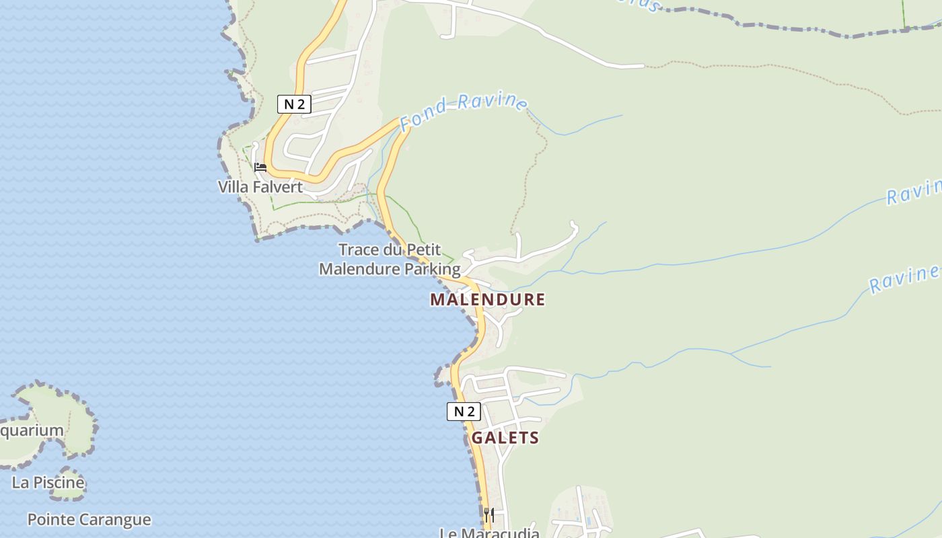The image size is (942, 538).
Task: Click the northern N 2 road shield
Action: pyautogui.click(x=294, y=104)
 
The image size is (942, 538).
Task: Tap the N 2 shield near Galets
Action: pyautogui.click(x=464, y=412)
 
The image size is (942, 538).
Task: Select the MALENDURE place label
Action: pyautogui.click(x=487, y=299)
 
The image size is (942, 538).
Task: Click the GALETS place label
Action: pyautogui.click(x=505, y=438)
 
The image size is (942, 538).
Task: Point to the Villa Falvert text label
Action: pyautogui.click(x=260, y=187)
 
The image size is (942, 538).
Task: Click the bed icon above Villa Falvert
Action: pyautogui.click(x=260, y=167)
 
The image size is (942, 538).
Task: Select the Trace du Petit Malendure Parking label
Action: pyautogui.click(x=390, y=260)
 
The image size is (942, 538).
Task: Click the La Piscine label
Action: pyautogui.click(x=48, y=482)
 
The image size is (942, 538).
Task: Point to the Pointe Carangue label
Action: pyautogui.click(x=89, y=519)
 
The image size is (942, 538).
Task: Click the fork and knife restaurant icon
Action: pyautogui.click(x=489, y=515)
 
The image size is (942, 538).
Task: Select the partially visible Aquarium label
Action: pyautogui.click(x=31, y=430)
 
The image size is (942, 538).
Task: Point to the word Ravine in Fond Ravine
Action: pyautogui.click(x=493, y=101)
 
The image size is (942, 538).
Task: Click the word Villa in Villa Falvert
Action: pyautogui.click(x=232, y=187)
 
